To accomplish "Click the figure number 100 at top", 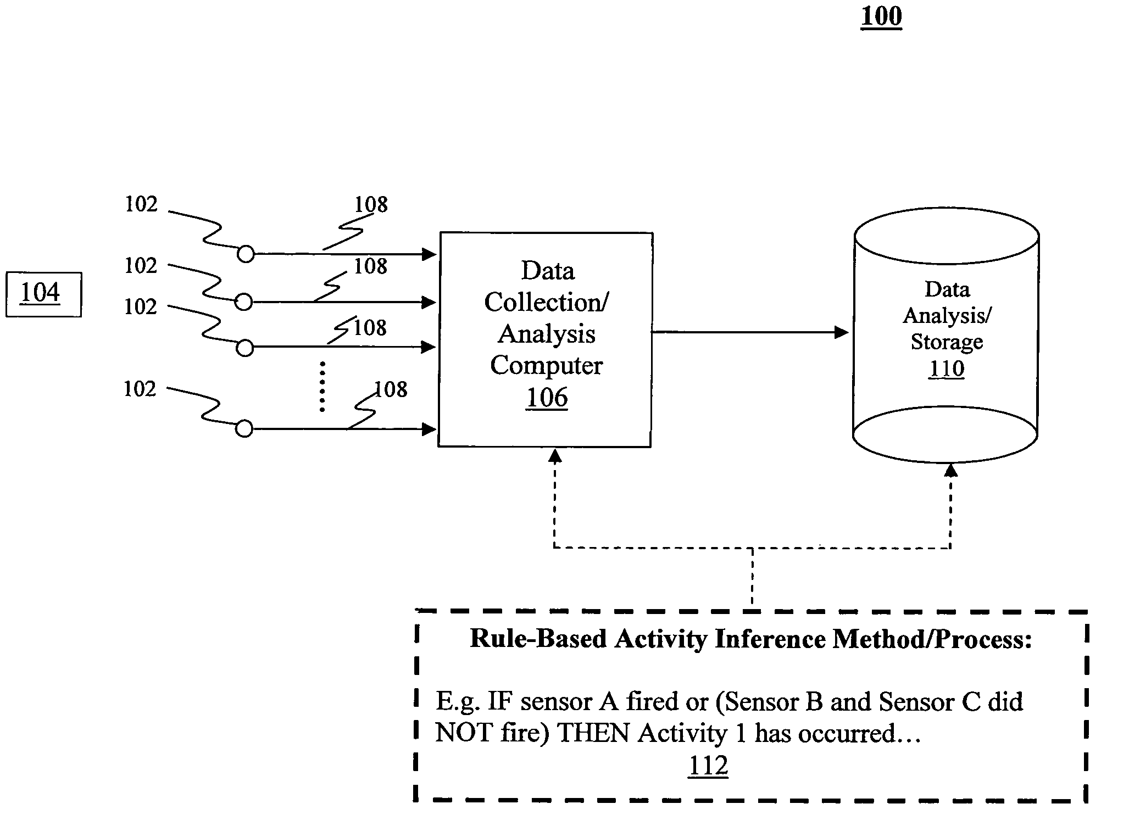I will [x=881, y=16].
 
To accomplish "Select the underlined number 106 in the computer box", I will [x=547, y=397].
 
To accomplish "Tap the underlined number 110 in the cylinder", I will [x=947, y=368].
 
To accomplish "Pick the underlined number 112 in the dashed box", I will [x=708, y=765].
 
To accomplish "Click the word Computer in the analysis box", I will [x=546, y=365].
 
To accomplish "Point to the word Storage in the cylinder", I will [x=947, y=342].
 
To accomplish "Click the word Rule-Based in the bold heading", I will [x=538, y=639].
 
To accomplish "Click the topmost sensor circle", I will [x=246, y=254].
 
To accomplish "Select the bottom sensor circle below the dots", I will [x=244, y=429].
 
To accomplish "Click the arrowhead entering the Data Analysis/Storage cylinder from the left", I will [x=841, y=332].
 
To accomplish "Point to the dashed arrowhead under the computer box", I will [x=555, y=456].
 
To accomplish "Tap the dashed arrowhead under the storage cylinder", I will [x=951, y=470].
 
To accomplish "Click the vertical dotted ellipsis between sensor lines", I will [x=322, y=387].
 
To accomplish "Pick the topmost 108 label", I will [x=371, y=205].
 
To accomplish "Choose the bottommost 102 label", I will [x=140, y=389].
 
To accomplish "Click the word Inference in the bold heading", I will [x=772, y=639].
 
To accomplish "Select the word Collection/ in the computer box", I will [x=546, y=302].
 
